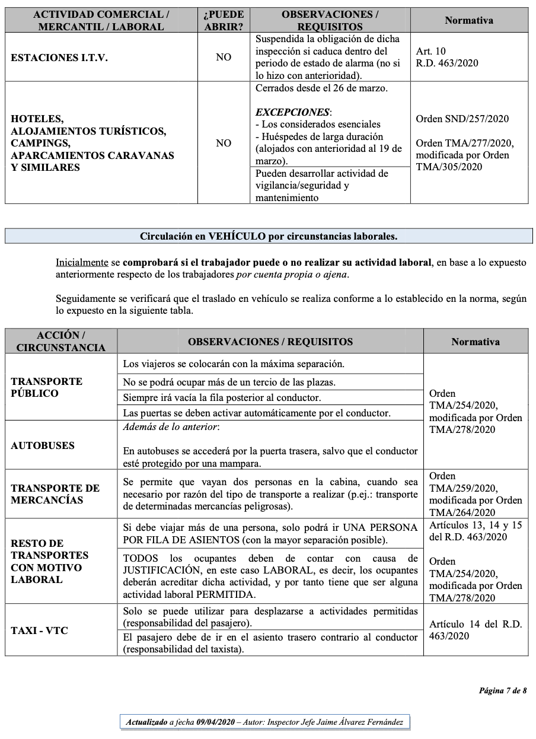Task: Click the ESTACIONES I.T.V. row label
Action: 59,58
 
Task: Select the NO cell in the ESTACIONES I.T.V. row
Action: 224,58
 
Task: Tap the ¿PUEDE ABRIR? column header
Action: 224,20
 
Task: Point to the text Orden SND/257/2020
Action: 462,119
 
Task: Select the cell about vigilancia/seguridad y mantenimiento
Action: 330,186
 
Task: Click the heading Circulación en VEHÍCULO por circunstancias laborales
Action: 269,236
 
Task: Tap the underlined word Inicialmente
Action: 82,262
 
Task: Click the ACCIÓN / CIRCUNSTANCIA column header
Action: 61,342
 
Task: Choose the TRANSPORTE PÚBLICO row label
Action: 46,387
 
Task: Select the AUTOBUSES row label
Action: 43,445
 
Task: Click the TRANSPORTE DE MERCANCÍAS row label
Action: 55,494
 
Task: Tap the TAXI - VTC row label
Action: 39,630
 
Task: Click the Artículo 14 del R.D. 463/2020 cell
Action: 476,630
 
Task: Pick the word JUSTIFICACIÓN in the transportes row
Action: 161,571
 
